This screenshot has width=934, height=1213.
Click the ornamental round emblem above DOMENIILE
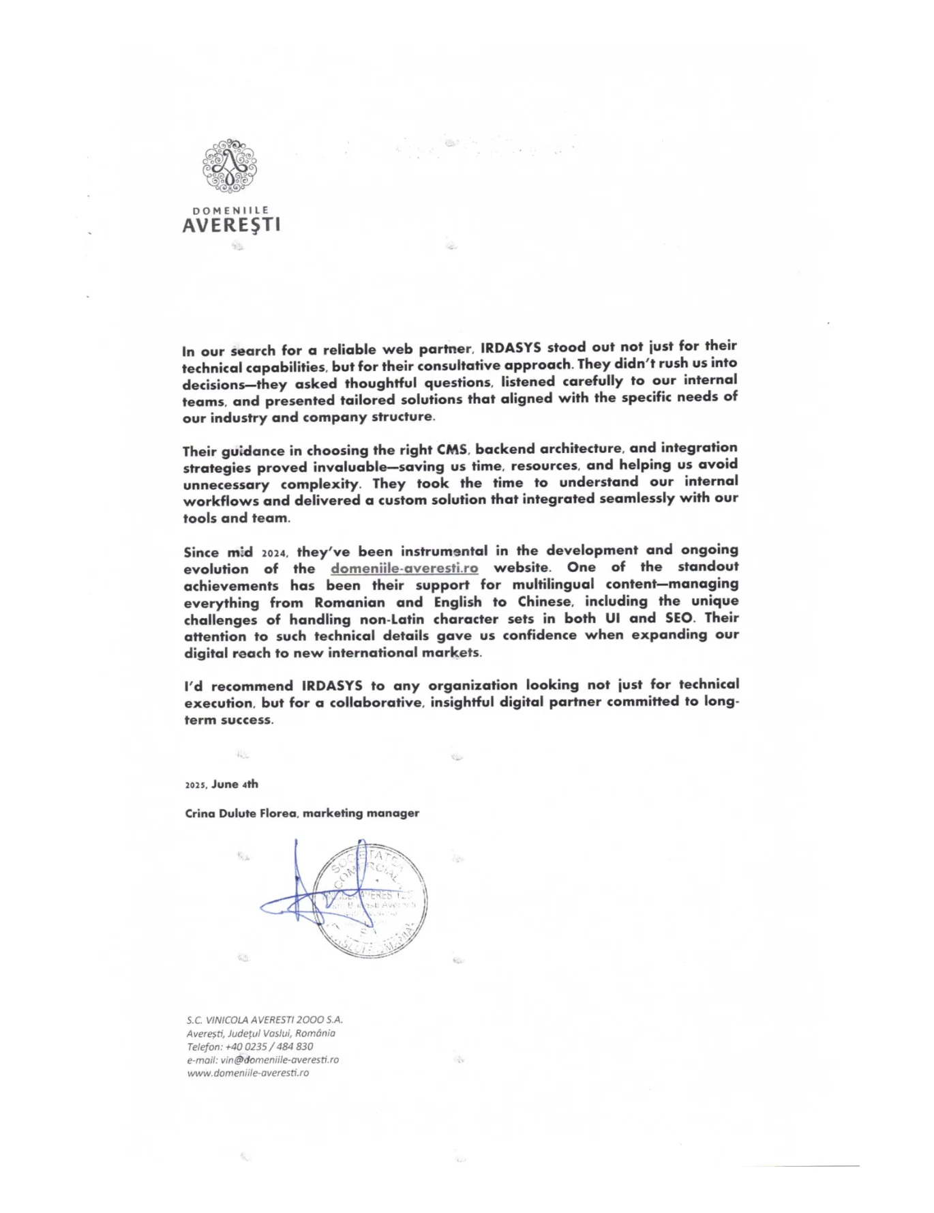[x=230, y=166]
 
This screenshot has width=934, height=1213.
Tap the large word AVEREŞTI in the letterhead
[x=231, y=225]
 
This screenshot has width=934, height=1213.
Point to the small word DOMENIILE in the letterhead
[x=231, y=211]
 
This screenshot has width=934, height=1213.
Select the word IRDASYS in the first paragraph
[x=511, y=347]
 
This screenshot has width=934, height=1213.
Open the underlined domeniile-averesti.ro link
[x=404, y=568]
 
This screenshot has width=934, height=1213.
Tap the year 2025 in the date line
[x=195, y=785]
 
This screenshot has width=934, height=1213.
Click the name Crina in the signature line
[x=200, y=814]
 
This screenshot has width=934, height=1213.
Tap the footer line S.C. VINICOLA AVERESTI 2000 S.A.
[x=265, y=1021]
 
